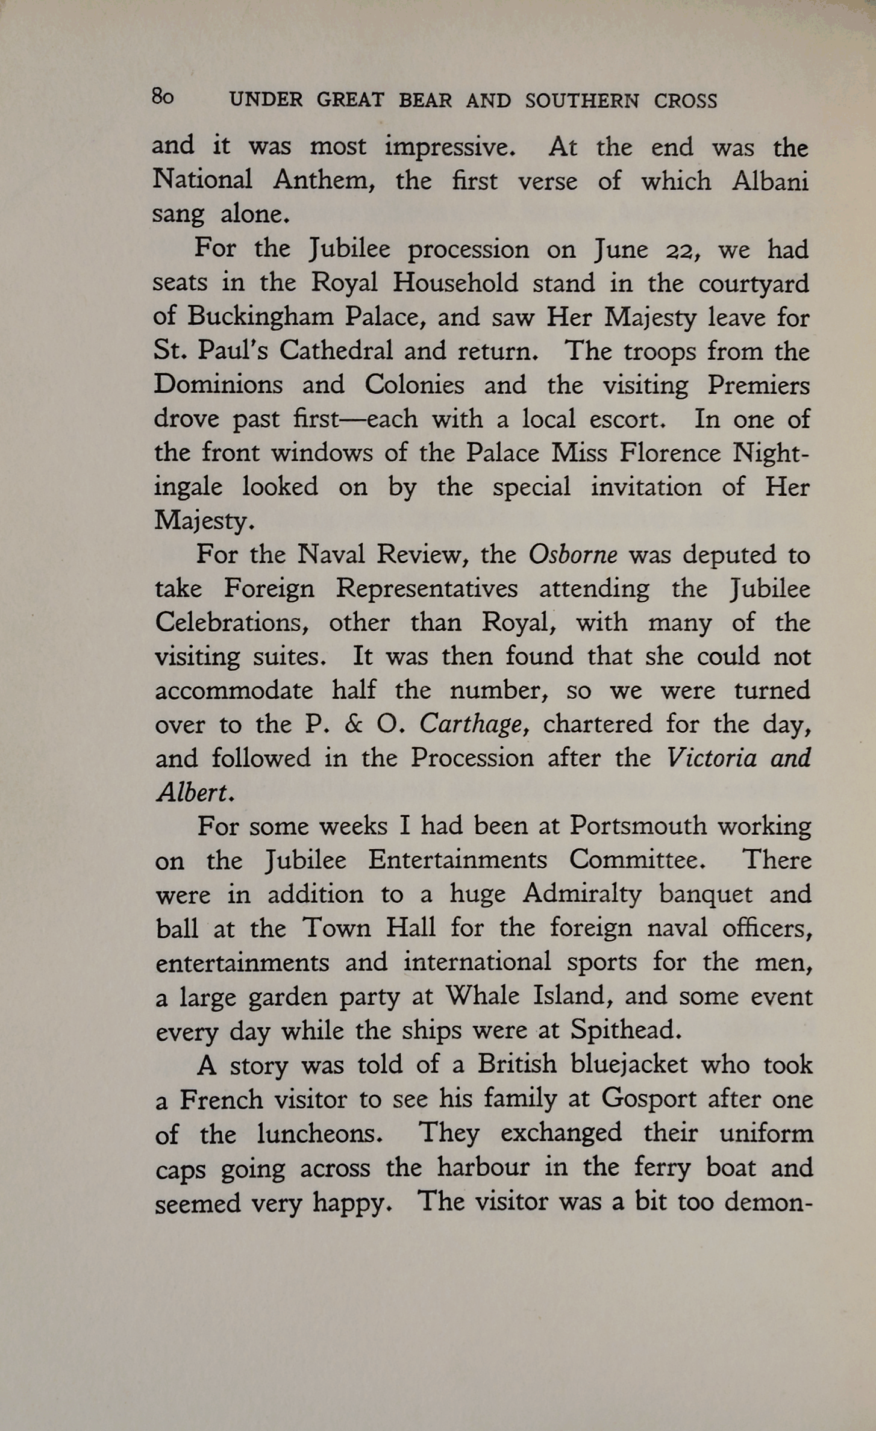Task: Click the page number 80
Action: [163, 98]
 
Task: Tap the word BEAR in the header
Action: [425, 101]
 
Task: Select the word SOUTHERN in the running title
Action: [581, 101]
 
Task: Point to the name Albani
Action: [771, 181]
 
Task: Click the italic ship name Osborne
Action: [573, 555]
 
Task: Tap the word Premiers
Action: [759, 385]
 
